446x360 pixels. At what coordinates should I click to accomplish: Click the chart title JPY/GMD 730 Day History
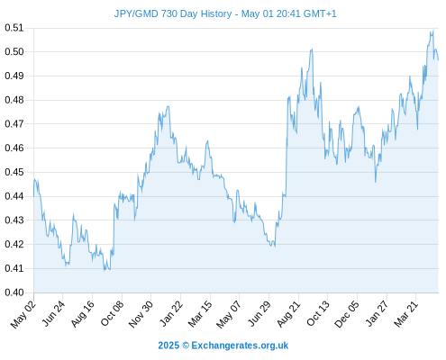point(173,13)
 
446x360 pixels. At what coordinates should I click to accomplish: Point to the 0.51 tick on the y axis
point(14,28)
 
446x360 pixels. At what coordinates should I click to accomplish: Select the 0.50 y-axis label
point(14,51)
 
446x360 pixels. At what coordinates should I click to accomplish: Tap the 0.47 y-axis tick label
point(14,123)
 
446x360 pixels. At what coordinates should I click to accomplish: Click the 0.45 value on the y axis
point(14,172)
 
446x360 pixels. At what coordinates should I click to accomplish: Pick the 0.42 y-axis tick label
point(14,244)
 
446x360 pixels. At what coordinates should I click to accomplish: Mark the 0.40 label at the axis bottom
point(14,292)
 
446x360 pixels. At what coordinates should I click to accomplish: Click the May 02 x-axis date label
point(23,314)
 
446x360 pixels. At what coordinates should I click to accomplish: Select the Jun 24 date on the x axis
point(53,314)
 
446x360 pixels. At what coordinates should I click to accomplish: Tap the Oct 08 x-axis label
point(112,314)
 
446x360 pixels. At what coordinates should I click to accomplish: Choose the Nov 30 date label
point(141,314)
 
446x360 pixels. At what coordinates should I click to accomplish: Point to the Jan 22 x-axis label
point(170,314)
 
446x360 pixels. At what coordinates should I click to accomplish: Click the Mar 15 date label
point(200,314)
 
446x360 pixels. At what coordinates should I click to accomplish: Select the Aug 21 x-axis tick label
point(288,314)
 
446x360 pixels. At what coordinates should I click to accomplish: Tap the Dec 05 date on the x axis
point(347,314)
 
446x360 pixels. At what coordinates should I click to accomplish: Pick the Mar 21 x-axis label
point(406,314)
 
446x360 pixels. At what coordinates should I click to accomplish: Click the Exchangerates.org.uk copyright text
point(223,346)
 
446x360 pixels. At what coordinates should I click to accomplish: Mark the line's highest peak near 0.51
point(433,30)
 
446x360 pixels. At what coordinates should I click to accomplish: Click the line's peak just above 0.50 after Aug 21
point(313,49)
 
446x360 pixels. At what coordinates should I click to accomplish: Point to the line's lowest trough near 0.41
point(105,270)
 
